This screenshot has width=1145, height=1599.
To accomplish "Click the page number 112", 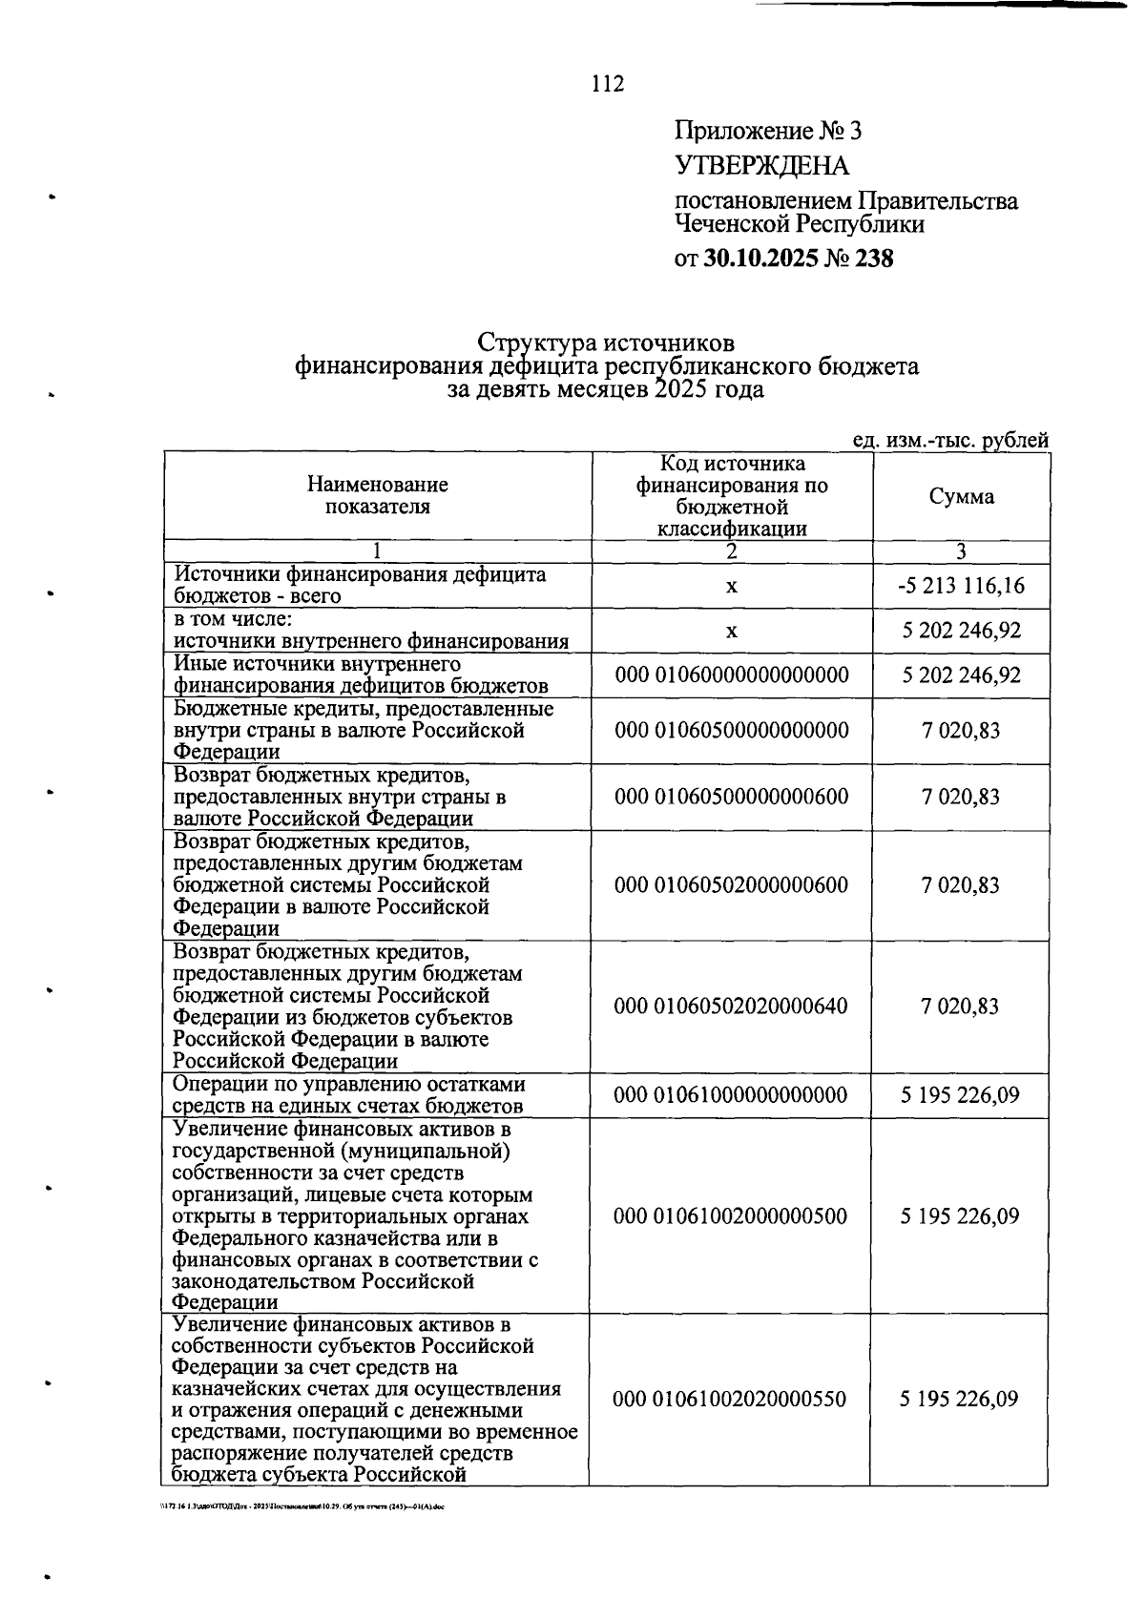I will tap(607, 84).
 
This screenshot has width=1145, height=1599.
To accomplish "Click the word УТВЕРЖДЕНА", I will tap(761, 166).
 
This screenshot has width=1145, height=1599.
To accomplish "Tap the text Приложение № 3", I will tap(768, 131).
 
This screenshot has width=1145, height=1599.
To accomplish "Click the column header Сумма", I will tap(961, 497).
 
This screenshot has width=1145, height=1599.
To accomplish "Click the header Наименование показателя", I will tap(378, 496).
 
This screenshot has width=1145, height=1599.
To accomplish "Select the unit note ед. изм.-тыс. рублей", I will tap(950, 441).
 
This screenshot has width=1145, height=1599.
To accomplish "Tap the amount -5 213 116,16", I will tap(961, 586).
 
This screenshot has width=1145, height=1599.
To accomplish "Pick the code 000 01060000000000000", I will tap(732, 676).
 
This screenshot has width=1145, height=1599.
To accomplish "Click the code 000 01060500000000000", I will tap(732, 731).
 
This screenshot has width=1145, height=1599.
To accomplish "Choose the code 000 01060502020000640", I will tap(731, 1007).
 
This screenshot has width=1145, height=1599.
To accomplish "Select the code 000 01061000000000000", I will tap(731, 1095).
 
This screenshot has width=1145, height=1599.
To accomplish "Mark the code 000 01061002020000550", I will tap(729, 1400).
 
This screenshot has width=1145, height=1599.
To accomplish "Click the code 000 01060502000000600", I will tap(731, 885).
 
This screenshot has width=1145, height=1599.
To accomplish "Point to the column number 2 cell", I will tap(732, 551).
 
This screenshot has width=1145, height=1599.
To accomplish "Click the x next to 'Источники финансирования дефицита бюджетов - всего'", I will tap(732, 586).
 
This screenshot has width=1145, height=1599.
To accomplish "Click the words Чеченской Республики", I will tap(800, 225).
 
